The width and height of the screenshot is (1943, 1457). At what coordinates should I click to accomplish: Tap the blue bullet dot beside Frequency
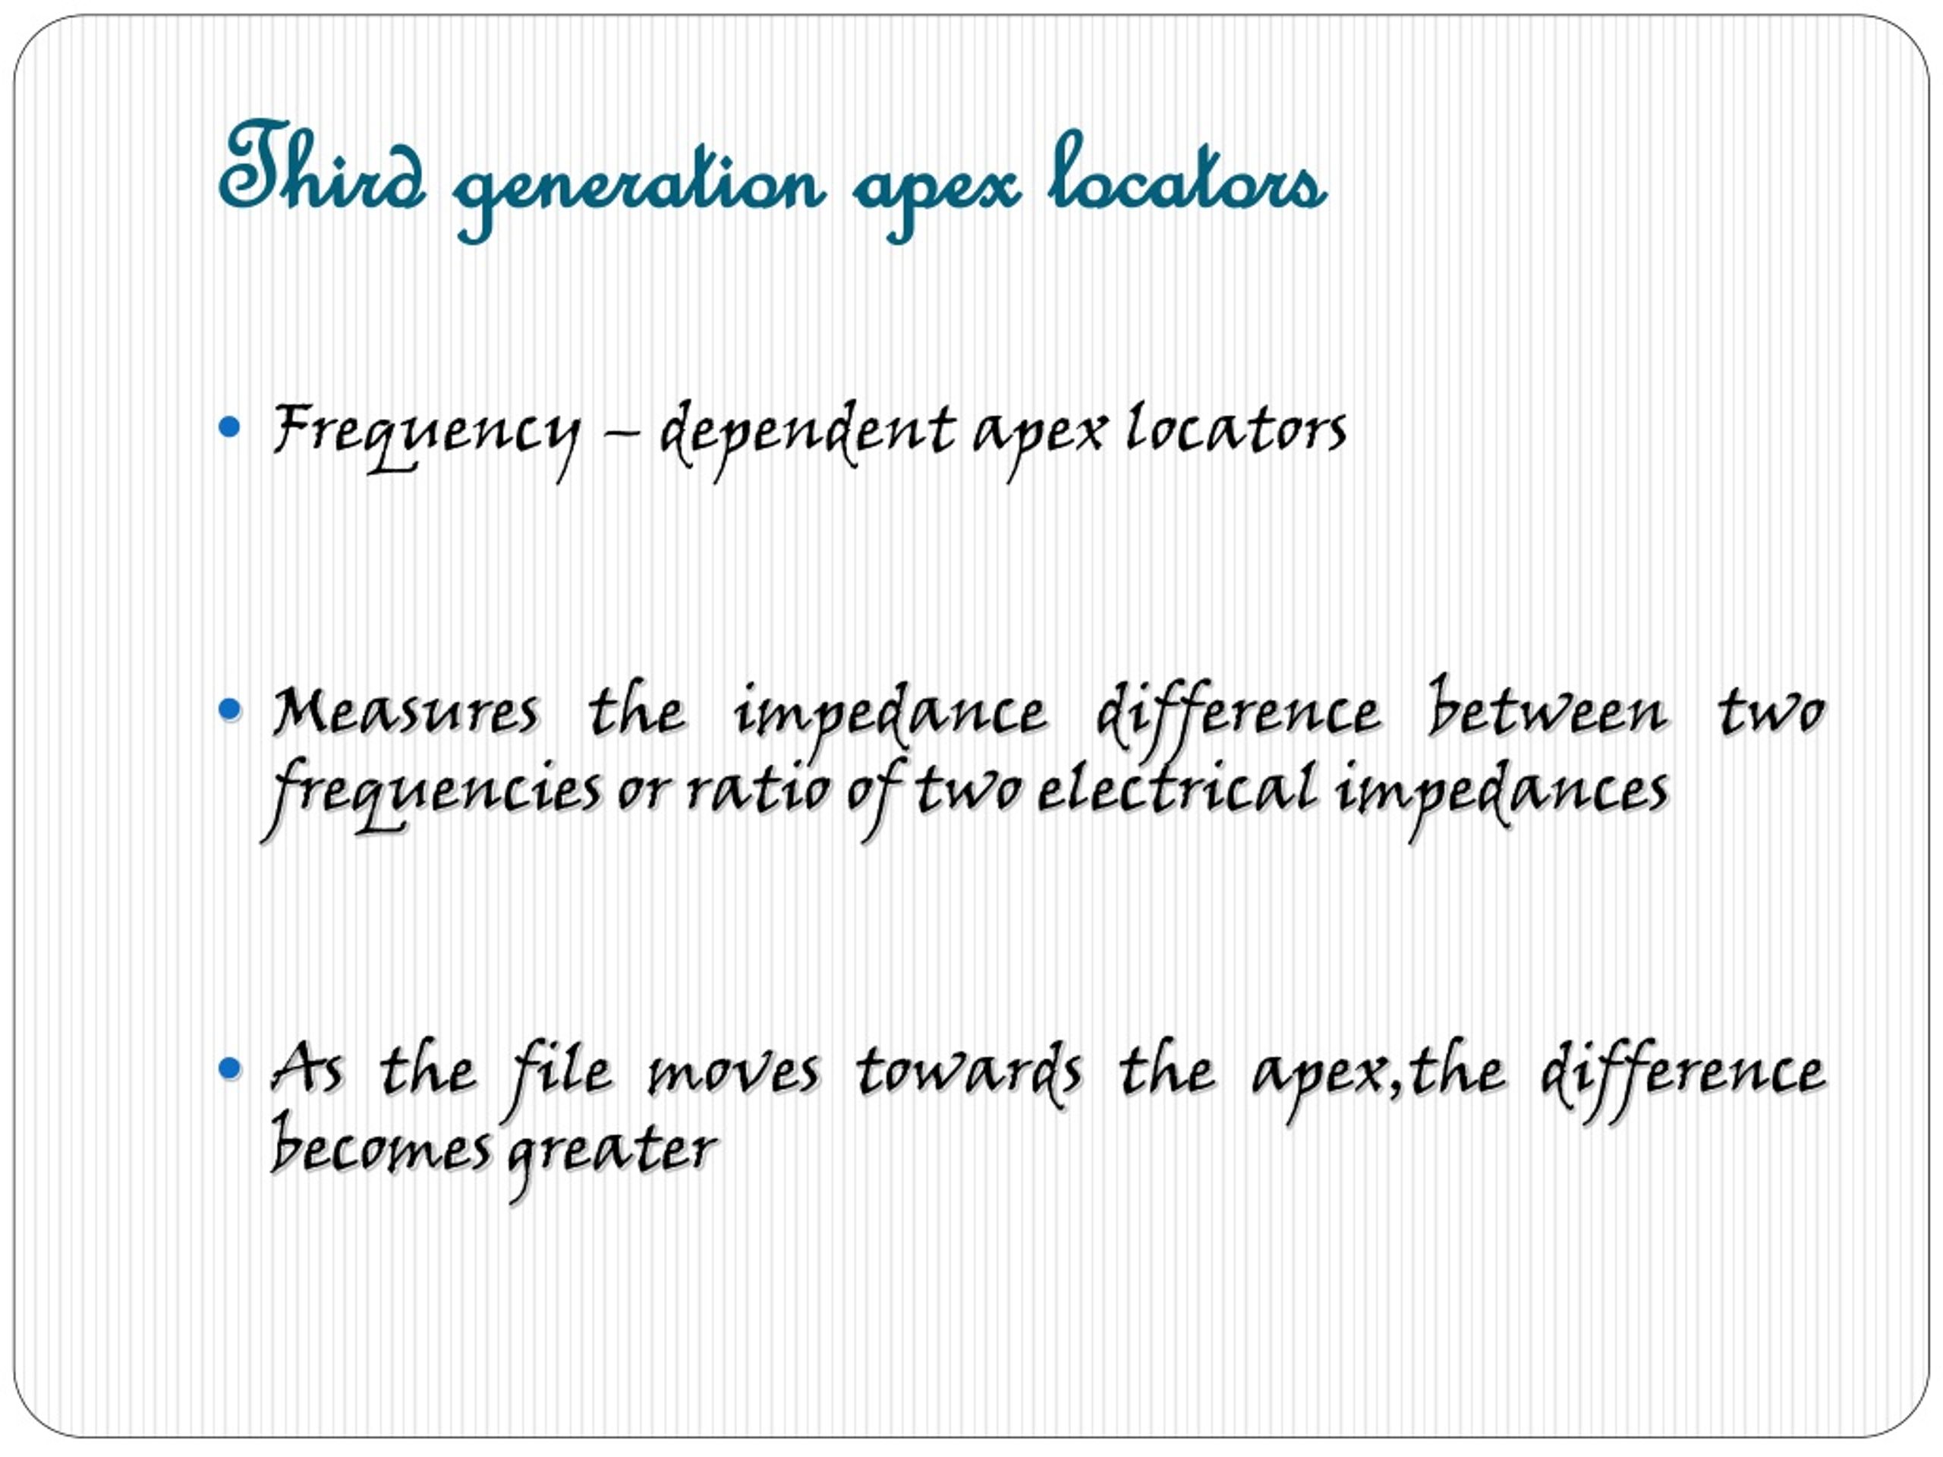coord(229,428)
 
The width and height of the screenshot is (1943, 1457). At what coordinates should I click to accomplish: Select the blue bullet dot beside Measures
coord(229,709)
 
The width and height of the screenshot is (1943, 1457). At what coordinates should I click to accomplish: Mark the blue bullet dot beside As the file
coord(229,1068)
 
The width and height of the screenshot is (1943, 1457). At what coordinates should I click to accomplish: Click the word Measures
coord(405,711)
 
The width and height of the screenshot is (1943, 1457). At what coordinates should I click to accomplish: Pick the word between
coord(1547,711)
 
